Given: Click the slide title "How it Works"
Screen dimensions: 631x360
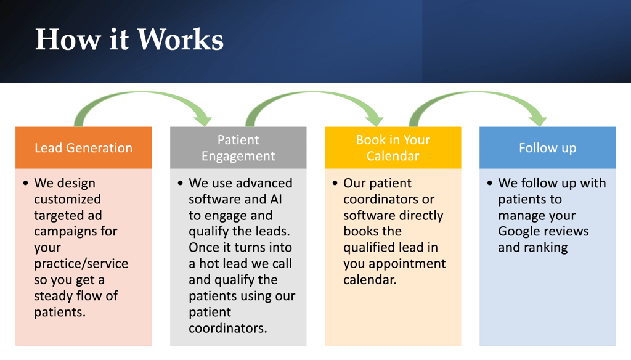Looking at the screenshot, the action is point(129,39).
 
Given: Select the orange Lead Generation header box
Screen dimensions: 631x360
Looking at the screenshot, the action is point(84,147).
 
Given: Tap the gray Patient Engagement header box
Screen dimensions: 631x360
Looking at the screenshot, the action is point(238,147).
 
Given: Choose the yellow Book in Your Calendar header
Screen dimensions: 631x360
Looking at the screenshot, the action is point(393,147).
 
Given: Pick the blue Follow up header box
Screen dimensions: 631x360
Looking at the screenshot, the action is point(548,147).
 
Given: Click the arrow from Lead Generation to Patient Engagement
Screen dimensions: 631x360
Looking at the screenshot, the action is point(142,94).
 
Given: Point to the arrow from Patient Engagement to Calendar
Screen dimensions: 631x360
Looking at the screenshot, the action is point(313,94).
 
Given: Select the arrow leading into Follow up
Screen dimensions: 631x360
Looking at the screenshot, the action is point(477,94).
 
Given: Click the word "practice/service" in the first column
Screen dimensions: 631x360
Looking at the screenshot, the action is point(81,263).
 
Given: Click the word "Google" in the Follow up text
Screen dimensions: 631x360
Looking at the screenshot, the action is point(519,232).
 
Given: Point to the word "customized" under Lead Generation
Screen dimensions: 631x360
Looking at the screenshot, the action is point(68,199).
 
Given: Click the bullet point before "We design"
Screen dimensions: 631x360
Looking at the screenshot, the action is point(26,183).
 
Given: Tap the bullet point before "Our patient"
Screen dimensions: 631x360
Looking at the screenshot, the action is point(335,183).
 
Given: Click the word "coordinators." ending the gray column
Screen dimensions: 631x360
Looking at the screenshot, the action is point(228,328).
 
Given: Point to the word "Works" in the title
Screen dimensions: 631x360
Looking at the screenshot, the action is point(181,39).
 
